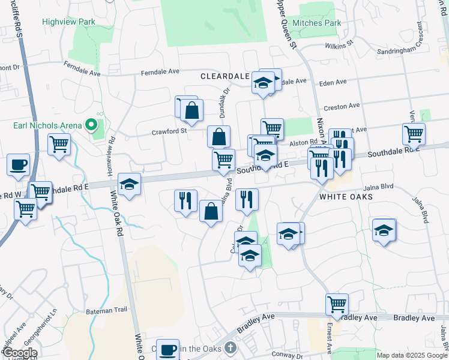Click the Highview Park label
[x=69, y=22]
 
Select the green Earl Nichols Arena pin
[x=91, y=125]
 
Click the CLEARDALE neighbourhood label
[x=224, y=77]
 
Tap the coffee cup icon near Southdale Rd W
[x=18, y=164]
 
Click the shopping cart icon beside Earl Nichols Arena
[x=59, y=144]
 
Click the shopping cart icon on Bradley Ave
[x=337, y=304]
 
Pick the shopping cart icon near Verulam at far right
[x=414, y=134]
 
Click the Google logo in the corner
[x=20, y=353]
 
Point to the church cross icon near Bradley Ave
[x=230, y=348]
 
